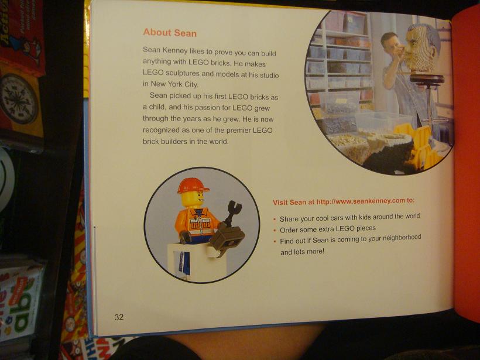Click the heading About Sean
point(170,32)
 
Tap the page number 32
point(119,317)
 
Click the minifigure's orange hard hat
point(193,186)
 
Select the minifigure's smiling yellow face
point(193,199)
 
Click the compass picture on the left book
point(19,98)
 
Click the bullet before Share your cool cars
point(275,220)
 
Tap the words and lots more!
point(302,252)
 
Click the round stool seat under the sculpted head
point(427,78)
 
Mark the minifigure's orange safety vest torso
point(198,221)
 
